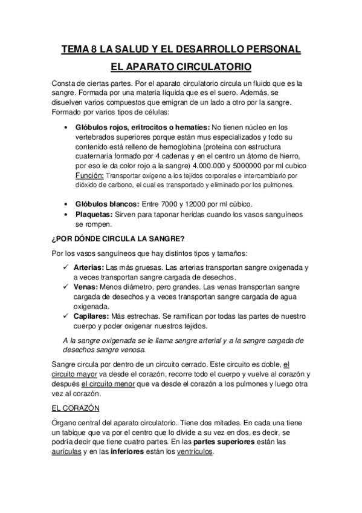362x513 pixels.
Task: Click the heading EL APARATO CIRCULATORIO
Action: [181, 66]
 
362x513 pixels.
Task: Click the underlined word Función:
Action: [89, 175]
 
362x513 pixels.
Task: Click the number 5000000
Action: [241, 166]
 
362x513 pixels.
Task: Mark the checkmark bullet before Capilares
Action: [67, 316]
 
